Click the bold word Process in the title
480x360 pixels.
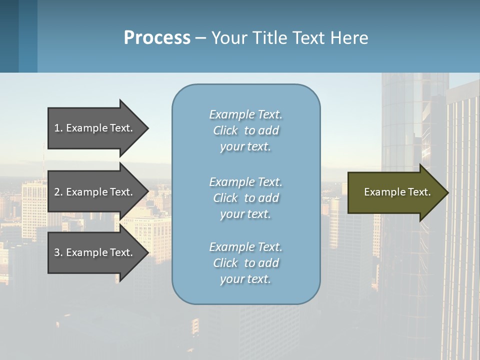157,38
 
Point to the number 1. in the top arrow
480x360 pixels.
58,128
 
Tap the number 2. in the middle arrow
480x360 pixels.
58,192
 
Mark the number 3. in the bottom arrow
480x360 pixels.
58,252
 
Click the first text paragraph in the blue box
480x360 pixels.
245,130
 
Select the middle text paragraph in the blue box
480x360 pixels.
245,198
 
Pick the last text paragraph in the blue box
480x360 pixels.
245,263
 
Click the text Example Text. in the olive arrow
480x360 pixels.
397,192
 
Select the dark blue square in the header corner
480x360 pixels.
9,36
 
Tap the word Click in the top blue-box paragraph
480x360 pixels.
225,130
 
